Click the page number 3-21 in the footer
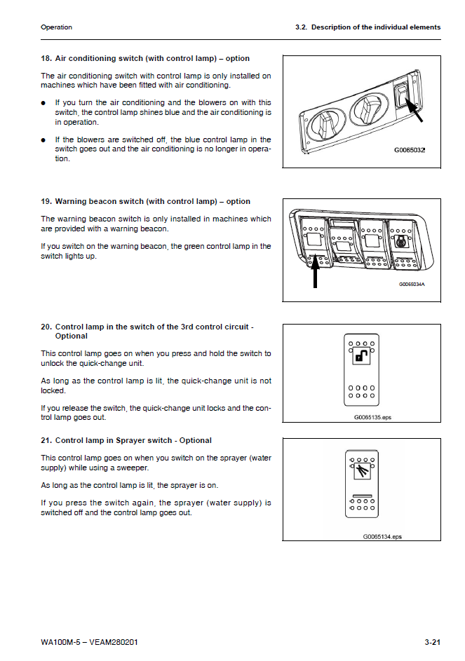coord(432,642)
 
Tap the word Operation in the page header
coord(56,27)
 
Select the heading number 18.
coord(46,58)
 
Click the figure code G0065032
coord(410,150)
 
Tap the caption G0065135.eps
coord(372,416)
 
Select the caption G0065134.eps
coord(382,536)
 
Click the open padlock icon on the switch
coord(362,358)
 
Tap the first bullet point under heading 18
coord(44,103)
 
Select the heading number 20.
coord(46,327)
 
